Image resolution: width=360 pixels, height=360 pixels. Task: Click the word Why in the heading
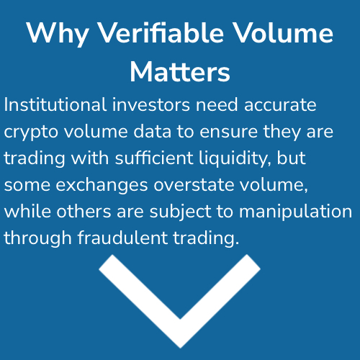point(58,34)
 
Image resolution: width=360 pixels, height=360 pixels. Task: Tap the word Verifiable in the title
point(161,32)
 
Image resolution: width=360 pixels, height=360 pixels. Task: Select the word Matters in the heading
point(180,71)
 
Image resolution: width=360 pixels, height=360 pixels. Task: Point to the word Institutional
point(55,104)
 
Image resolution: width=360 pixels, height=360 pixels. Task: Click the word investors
point(151,104)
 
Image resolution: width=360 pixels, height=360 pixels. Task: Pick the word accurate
point(280,105)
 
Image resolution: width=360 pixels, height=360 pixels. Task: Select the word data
point(153,131)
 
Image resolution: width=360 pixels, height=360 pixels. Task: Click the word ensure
point(229,132)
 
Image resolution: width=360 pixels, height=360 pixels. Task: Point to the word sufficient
point(154,158)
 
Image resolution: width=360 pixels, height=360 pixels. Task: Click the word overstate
point(194,185)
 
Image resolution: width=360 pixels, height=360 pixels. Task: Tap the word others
point(84,211)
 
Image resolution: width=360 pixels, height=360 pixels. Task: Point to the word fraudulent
point(122,238)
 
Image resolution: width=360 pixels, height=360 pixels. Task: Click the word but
point(292,158)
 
